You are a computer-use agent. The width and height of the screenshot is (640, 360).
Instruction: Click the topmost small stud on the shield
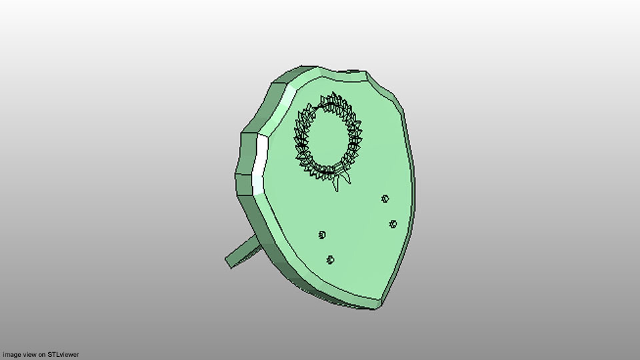click(385, 199)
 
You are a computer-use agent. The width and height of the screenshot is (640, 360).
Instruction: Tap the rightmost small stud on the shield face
click(393, 224)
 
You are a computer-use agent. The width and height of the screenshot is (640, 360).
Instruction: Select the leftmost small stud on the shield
click(322, 235)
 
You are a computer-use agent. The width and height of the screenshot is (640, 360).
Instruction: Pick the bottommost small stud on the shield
click(330, 260)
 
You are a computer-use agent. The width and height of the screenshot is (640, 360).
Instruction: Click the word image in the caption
click(12, 355)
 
